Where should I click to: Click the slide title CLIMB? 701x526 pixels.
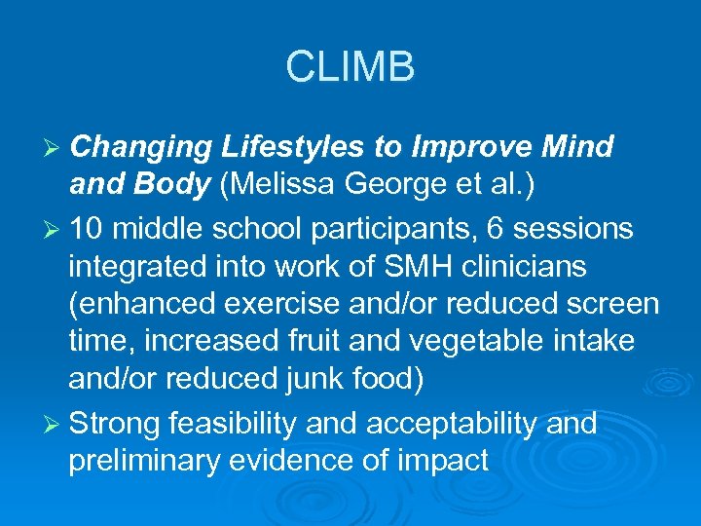point(350,67)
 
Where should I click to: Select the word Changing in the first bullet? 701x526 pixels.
point(140,148)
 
